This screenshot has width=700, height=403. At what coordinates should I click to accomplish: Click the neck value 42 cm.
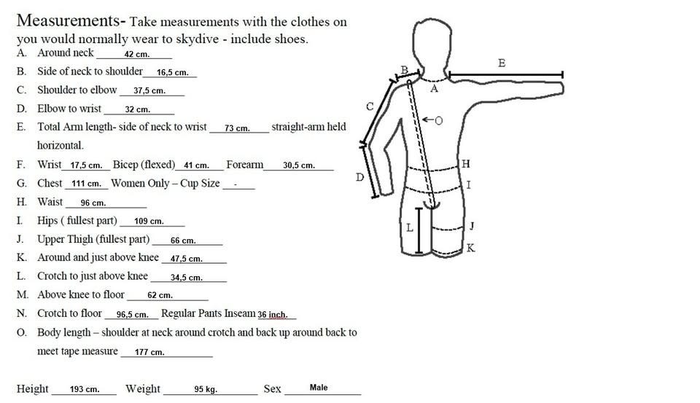tap(136, 54)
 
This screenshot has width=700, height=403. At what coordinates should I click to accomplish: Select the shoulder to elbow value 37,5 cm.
tap(149, 90)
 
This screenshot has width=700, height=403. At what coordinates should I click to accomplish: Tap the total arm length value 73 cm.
tap(237, 128)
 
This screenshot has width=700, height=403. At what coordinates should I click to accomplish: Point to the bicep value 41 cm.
tap(196, 165)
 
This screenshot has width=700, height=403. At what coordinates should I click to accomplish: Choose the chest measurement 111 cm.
tap(86, 184)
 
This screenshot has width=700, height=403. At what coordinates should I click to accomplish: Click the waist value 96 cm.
tap(93, 203)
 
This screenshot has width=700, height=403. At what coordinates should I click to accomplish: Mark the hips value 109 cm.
tap(149, 221)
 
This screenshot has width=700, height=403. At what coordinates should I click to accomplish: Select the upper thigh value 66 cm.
tap(183, 240)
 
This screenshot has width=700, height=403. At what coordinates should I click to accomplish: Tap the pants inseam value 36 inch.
tap(273, 315)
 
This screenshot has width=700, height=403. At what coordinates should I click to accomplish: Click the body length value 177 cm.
tap(149, 352)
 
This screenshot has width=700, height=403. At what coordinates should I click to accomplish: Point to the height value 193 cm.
tap(85, 389)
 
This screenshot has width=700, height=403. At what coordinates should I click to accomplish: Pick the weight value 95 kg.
tap(206, 389)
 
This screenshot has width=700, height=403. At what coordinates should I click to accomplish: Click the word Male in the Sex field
tap(319, 388)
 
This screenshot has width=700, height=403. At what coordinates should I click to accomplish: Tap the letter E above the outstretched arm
tap(502, 63)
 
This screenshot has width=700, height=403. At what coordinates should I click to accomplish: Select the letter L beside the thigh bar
tap(409, 227)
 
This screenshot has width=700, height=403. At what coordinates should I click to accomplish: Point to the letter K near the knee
tap(470, 248)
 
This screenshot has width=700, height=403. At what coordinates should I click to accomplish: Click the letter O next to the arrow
tap(438, 120)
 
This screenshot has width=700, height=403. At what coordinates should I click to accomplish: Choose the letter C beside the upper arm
tap(370, 106)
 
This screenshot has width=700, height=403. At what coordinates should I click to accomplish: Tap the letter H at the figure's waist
tap(466, 164)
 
